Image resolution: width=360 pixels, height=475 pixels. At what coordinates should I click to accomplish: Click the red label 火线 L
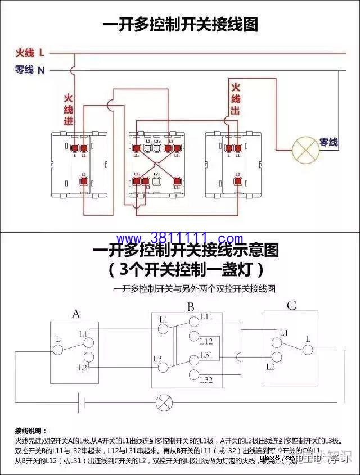point(29,53)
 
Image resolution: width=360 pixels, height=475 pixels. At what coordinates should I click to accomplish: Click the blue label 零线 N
point(29,70)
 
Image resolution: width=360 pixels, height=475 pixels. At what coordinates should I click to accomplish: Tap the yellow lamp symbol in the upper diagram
point(305,149)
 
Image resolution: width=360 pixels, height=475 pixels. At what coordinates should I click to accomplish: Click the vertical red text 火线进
point(69,110)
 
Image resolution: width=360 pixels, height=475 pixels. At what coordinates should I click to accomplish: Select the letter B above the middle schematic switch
point(191,307)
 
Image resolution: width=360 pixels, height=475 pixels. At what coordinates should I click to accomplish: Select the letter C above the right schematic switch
point(291,306)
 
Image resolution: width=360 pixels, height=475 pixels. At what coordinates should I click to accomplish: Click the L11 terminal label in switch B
point(206,318)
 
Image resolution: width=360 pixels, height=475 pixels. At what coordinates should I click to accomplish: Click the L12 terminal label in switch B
point(206,341)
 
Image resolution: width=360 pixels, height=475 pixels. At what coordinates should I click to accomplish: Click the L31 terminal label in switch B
point(206,355)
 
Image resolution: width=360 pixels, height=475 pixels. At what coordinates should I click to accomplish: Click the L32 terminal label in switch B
point(206,380)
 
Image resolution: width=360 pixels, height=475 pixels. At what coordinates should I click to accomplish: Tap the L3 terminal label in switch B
point(157,359)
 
